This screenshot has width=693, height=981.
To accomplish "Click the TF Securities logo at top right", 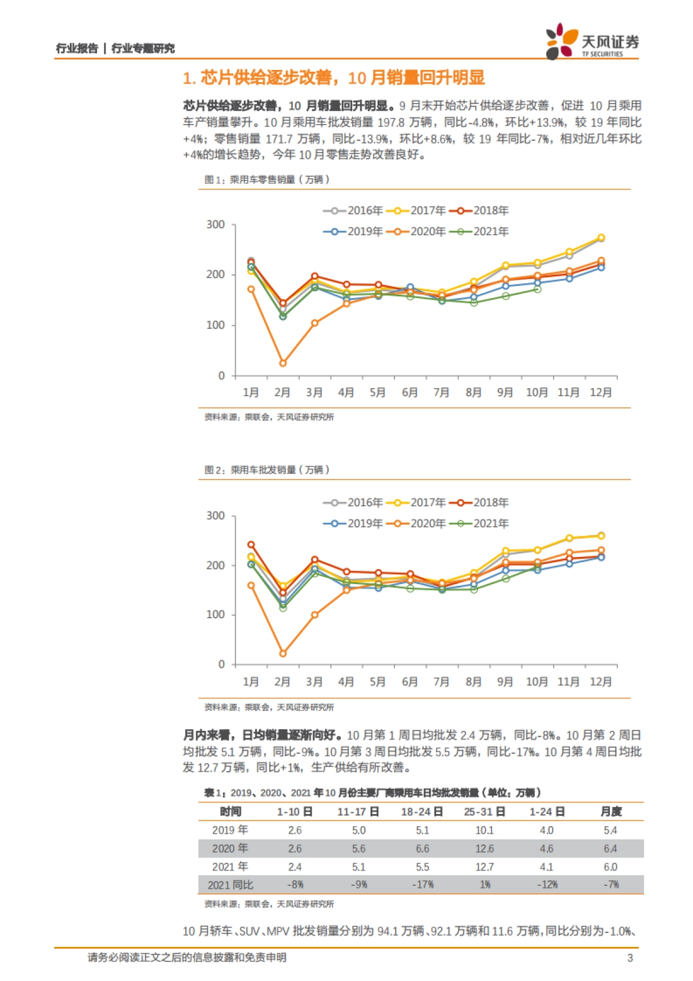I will tap(591, 41).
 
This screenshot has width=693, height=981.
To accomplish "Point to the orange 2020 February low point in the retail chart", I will tap(282, 363).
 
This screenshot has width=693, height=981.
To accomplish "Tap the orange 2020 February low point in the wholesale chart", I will tap(282, 653).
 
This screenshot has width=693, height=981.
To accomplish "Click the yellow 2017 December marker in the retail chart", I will tap(601, 237).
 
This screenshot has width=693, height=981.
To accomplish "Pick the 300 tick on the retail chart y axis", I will tap(216, 225).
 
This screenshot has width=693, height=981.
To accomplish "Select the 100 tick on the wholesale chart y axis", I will tap(216, 615).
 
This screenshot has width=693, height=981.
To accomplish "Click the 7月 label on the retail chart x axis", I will tap(441, 392).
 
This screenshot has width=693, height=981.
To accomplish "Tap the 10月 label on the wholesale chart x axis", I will tap(536, 682).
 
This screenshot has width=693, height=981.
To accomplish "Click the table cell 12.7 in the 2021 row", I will tap(485, 867).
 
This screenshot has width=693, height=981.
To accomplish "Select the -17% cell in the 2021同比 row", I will tap(422, 885).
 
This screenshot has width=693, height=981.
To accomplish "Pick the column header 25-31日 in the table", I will tap(485, 812).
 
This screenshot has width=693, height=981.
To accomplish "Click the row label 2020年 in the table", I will tap(230, 848).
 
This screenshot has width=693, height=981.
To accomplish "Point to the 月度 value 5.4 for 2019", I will tap(610, 830).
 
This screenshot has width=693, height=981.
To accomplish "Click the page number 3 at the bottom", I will tap(629, 958).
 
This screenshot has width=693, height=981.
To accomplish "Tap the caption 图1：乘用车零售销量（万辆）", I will tap(267, 180).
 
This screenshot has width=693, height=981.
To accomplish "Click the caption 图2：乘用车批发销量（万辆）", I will tap(267, 470).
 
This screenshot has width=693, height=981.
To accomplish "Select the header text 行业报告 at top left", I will tap(77, 49).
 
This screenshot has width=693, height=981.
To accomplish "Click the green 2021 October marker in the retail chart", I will tap(537, 289).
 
